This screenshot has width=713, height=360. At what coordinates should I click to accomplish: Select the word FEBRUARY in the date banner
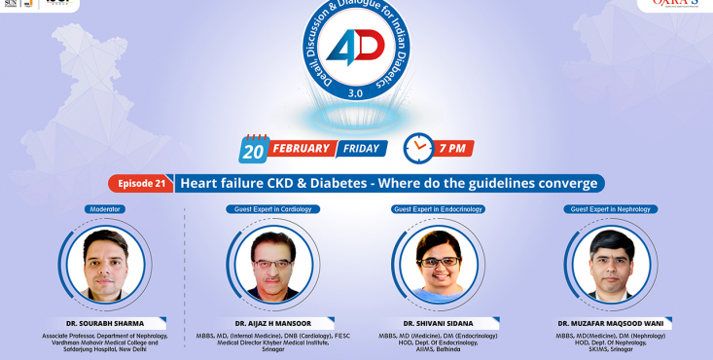tap(302, 149)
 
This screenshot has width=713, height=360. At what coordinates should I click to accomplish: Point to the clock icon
tap(418, 148)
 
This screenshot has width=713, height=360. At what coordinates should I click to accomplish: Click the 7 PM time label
tap(452, 149)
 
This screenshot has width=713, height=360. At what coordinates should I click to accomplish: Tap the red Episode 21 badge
tap(142, 183)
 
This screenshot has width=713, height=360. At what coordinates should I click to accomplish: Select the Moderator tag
tap(106, 209)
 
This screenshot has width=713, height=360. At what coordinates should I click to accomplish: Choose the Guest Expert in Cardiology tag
tap(273, 209)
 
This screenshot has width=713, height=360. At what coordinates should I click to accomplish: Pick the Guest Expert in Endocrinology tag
tap(438, 209)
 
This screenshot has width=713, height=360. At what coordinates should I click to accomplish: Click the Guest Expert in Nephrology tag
tap(611, 209)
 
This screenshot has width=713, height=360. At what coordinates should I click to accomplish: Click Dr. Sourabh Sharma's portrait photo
tap(106, 264)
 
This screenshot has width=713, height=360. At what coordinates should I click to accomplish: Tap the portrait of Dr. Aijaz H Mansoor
tap(273, 264)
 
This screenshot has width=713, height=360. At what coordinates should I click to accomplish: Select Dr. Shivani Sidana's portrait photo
tap(439, 264)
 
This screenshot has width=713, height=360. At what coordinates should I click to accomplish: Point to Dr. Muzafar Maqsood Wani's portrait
tap(611, 264)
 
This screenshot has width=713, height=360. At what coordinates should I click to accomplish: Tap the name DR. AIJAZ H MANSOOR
tap(272, 323)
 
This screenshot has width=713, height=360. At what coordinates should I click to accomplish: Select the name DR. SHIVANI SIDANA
tap(438, 323)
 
